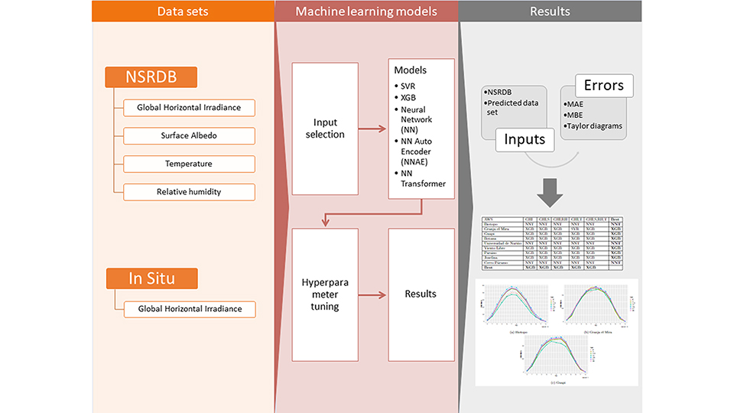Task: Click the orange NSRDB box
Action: pyautogui.click(x=151, y=76)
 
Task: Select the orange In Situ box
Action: pyautogui.click(x=151, y=278)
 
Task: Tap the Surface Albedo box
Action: pyautogui.click(x=189, y=135)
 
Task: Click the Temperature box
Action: pyautogui.click(x=189, y=164)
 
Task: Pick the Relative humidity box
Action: pyautogui.click(x=189, y=191)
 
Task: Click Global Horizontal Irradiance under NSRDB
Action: pyautogui.click(x=189, y=108)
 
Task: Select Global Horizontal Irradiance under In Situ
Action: pyautogui.click(x=189, y=309)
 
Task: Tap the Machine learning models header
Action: pyautogui.click(x=365, y=11)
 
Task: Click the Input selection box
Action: pyautogui.click(x=325, y=128)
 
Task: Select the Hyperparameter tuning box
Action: pyautogui.click(x=325, y=294)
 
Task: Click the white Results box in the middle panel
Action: pyautogui.click(x=421, y=294)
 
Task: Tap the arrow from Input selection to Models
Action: pyautogui.click(x=372, y=129)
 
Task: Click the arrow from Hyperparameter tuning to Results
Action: pyautogui.click(x=372, y=294)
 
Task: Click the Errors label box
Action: pyautogui.click(x=603, y=86)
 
